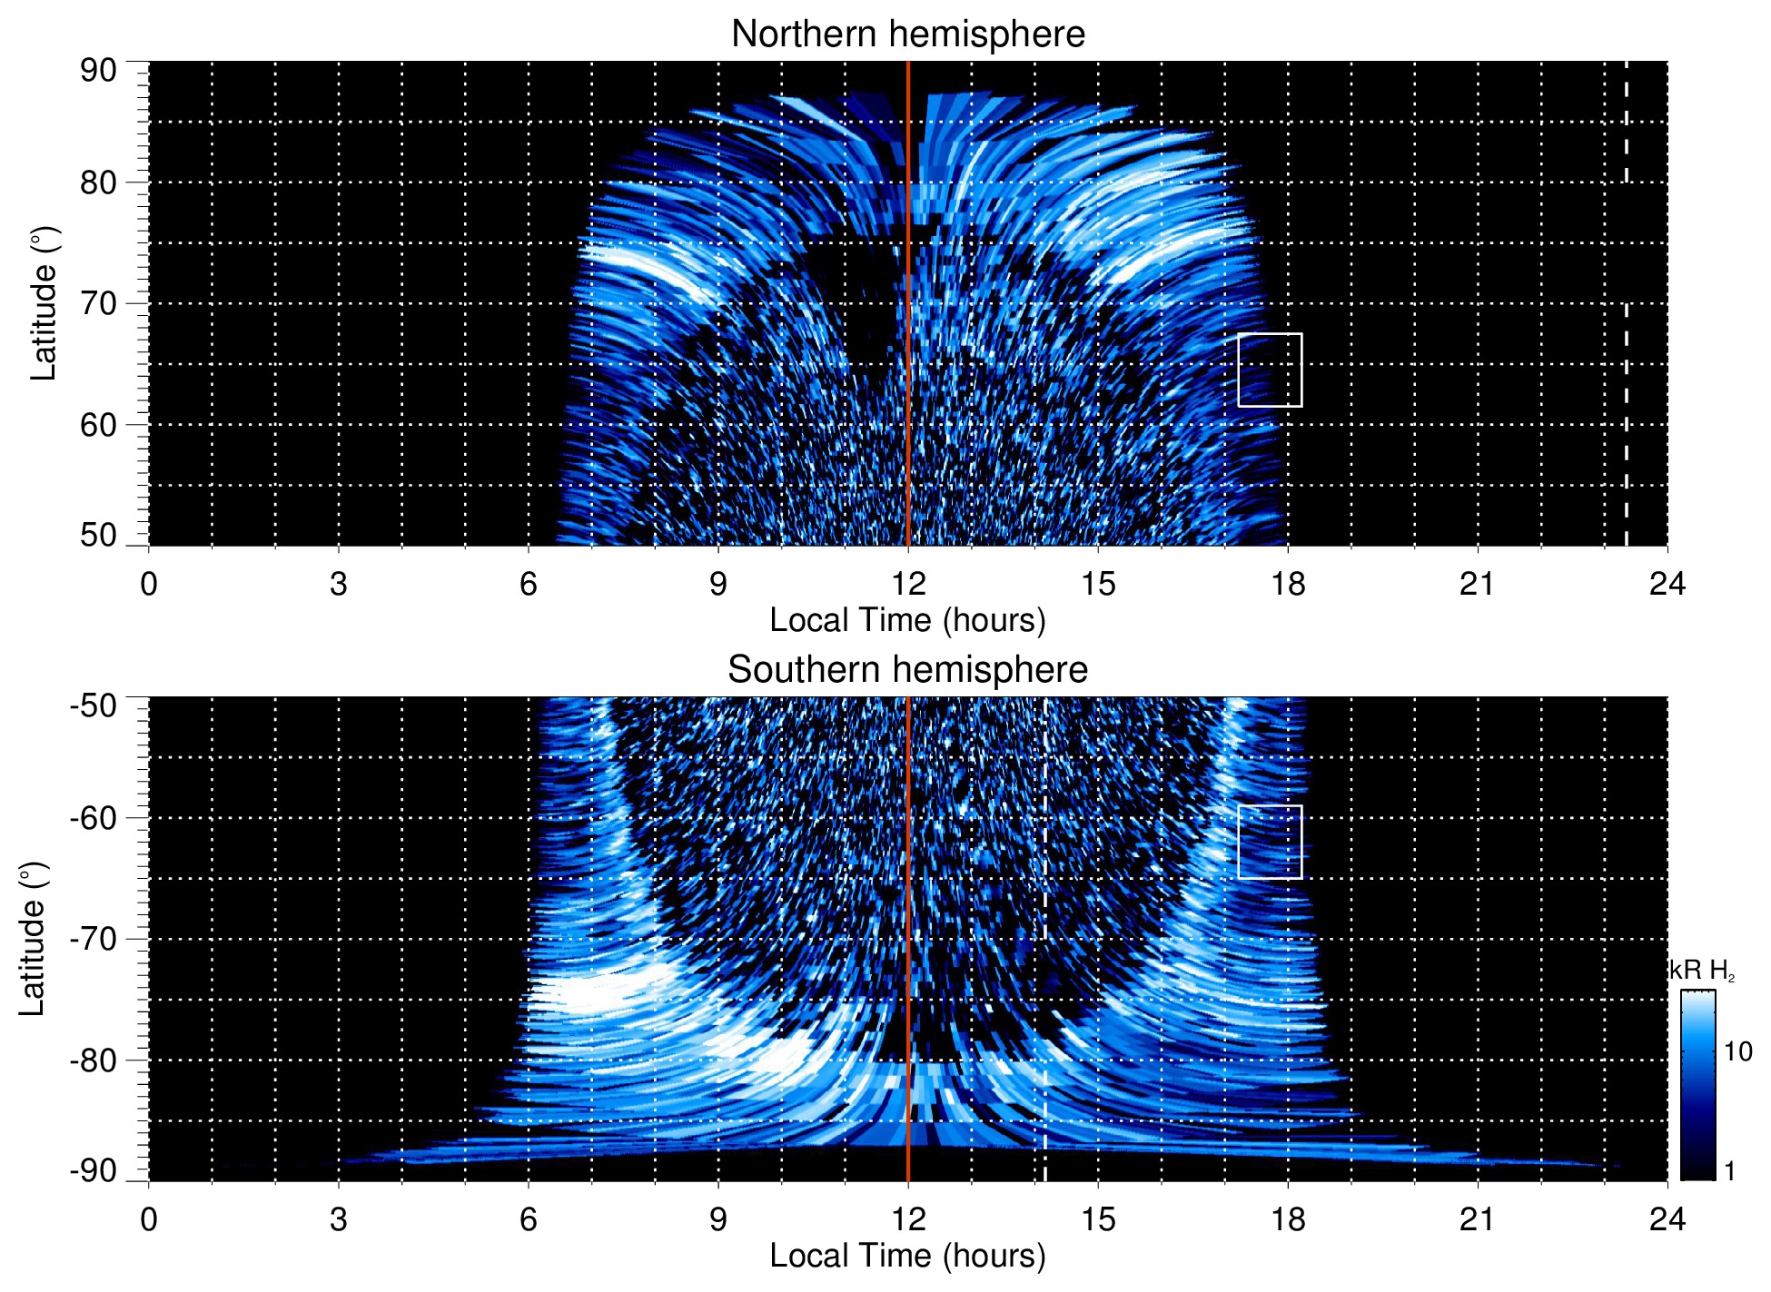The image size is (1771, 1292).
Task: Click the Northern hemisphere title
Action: click(907, 35)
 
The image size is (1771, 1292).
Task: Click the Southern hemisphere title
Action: click(907, 670)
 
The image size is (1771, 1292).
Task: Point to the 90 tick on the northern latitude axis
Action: click(98, 70)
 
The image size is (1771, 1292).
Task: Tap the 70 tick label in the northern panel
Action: click(98, 303)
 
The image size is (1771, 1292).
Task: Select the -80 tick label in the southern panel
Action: click(93, 1060)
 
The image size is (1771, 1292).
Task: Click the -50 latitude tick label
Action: click(93, 705)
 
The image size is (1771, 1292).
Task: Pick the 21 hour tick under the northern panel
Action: click(1477, 584)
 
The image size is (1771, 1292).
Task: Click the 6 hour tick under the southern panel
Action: click(528, 1219)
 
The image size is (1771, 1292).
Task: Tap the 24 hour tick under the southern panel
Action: click(1667, 1219)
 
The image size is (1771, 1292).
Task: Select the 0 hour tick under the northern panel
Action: click(149, 584)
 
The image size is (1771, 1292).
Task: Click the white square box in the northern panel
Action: click(1270, 370)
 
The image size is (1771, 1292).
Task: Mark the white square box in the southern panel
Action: click(1270, 842)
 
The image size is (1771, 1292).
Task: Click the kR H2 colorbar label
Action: click(1701, 971)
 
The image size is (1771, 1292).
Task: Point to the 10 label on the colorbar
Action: click(1737, 1052)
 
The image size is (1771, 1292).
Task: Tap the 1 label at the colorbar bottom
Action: click(1729, 1170)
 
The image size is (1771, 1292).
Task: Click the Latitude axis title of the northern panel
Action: click(44, 304)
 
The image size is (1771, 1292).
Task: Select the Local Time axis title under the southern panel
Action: click(907, 1256)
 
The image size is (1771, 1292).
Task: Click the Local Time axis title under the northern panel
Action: click(907, 620)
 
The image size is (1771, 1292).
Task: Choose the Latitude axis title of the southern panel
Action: click(33, 940)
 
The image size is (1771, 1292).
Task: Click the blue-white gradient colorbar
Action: click(1697, 1085)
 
